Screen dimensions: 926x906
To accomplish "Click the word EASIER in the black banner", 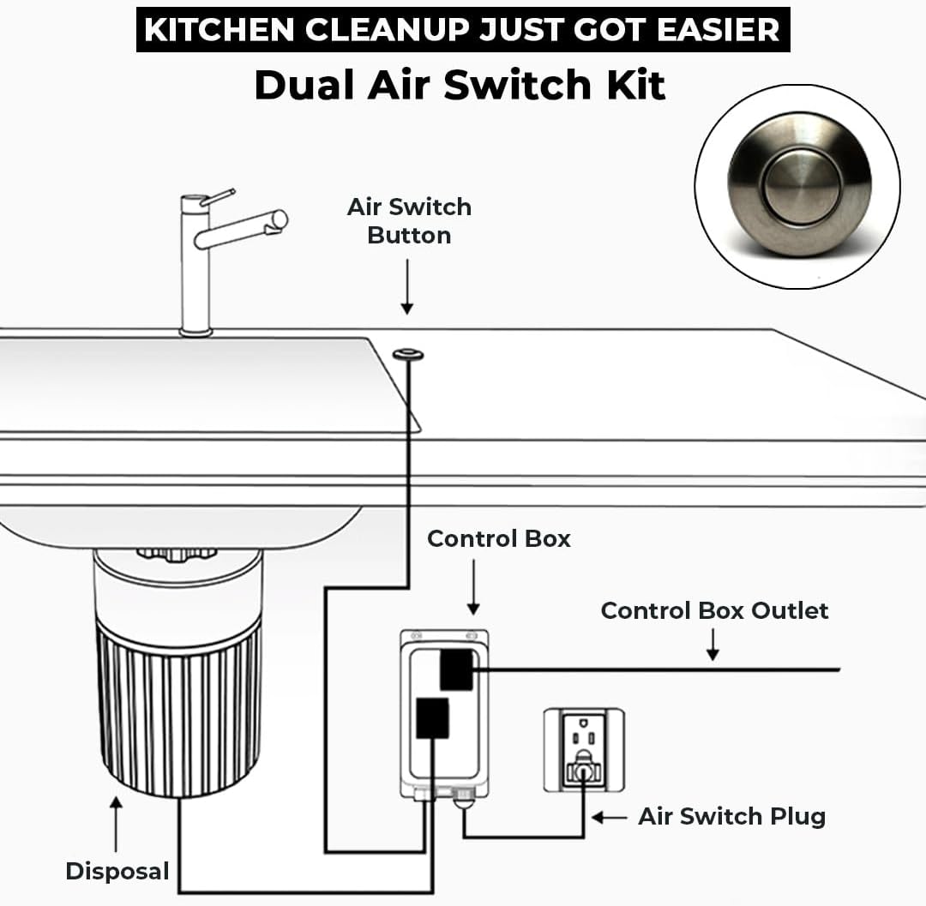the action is point(719,29).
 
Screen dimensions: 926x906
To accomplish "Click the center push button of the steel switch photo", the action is point(801,186).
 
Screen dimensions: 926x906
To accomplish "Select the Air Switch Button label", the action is point(409,221).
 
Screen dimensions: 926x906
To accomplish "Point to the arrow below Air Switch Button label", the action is point(407,287).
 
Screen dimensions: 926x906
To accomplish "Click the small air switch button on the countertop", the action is point(408,354).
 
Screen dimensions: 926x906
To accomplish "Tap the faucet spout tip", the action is point(278,221).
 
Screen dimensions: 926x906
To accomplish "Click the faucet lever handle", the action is point(217,196).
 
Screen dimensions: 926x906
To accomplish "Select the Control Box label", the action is point(499,539).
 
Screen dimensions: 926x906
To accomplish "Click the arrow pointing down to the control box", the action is point(473,586).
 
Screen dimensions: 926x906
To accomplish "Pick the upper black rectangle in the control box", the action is point(456,669).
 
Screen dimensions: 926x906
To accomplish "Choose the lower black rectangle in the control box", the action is point(432,717).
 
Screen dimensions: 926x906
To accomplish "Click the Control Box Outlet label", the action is point(714,611).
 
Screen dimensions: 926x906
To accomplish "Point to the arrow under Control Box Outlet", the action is point(713,645).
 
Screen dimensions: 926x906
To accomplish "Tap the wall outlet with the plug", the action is point(584,750).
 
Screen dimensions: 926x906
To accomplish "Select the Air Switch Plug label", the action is point(731,817).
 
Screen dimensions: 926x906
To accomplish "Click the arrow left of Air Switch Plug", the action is point(610,818).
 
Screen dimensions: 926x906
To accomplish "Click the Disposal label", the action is point(117,871).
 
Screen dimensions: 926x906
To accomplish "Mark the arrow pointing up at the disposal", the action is point(117,824).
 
